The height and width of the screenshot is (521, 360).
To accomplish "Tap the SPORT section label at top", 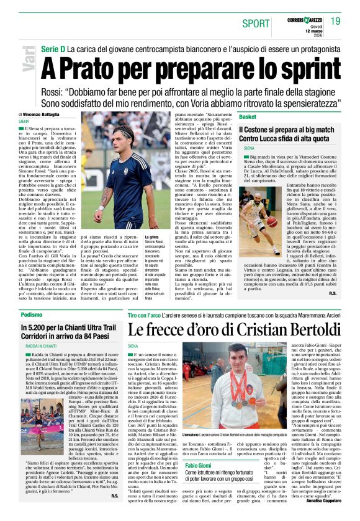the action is click(256, 24).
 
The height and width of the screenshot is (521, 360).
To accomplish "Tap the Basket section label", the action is click(247, 117).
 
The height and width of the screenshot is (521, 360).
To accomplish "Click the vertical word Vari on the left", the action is click(24, 63).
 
